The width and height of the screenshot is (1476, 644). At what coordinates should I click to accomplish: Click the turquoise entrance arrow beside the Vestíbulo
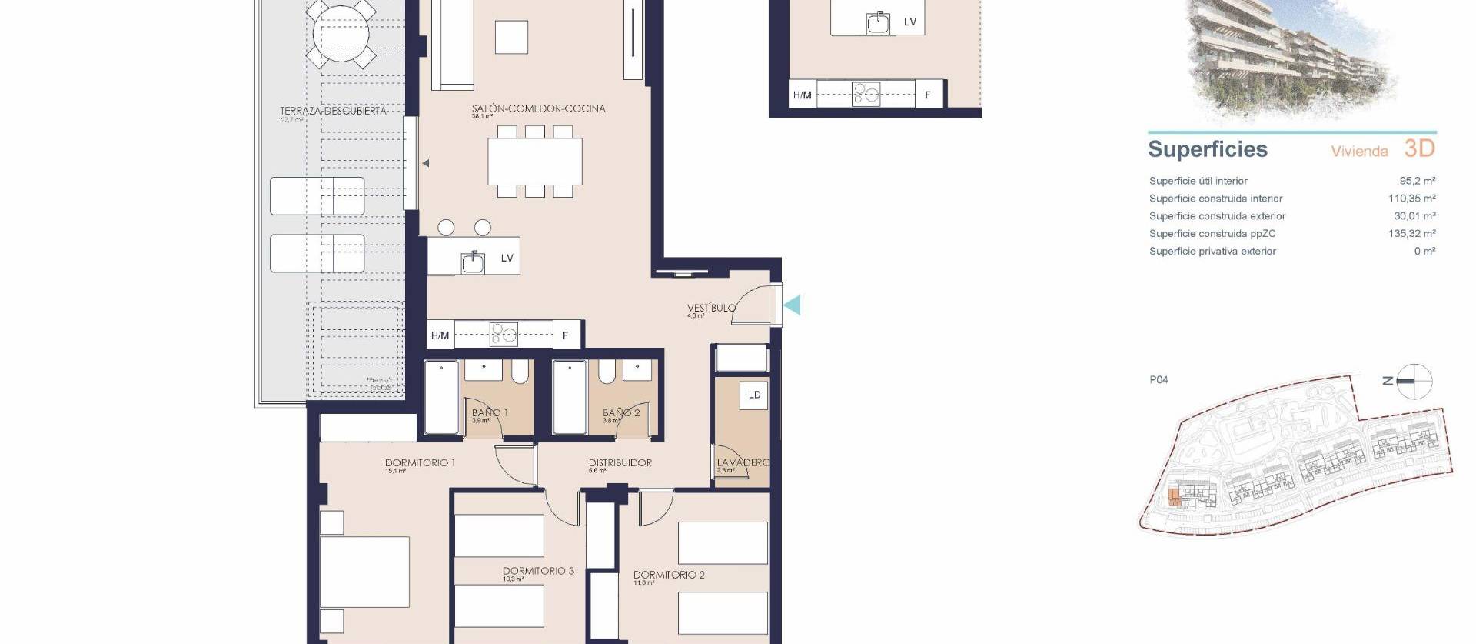pyautogui.click(x=793, y=305)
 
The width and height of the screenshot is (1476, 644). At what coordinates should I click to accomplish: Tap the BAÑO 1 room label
pyautogui.click(x=490, y=413)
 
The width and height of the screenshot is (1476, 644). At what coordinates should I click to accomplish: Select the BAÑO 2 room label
pyautogui.click(x=621, y=413)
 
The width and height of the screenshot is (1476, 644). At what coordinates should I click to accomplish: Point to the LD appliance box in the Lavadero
pyautogui.click(x=754, y=395)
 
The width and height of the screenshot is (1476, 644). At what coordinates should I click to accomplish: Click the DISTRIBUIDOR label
pyautogui.click(x=620, y=463)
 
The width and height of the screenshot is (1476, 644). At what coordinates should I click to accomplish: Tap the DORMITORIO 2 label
pyautogui.click(x=669, y=575)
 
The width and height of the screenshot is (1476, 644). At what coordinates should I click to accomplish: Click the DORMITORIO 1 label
pyautogui.click(x=420, y=463)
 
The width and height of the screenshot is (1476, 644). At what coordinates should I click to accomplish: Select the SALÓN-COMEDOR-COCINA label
pyautogui.click(x=538, y=108)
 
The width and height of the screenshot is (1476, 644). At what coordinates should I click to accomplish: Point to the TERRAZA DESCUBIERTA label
pyautogui.click(x=333, y=112)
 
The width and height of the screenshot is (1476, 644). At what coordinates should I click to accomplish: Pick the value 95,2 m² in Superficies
pyautogui.click(x=1417, y=181)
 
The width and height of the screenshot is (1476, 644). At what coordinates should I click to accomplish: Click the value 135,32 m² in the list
pyautogui.click(x=1411, y=233)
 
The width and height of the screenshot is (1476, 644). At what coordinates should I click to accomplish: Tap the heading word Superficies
pyautogui.click(x=1207, y=149)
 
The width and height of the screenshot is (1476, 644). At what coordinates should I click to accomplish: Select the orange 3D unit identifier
pyautogui.click(x=1419, y=148)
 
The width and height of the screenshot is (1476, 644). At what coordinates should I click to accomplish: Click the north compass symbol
pyautogui.click(x=1413, y=381)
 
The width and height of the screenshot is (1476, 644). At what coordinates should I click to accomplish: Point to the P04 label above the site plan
pyautogui.click(x=1159, y=379)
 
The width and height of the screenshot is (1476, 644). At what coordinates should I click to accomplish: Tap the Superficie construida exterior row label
pyautogui.click(x=1217, y=216)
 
